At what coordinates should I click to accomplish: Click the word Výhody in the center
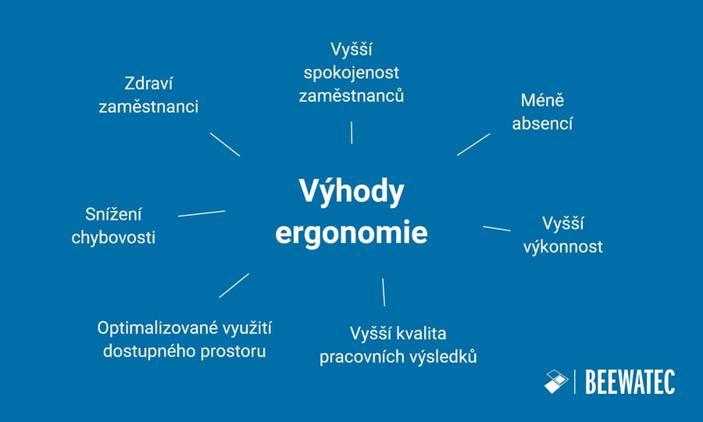[351, 192]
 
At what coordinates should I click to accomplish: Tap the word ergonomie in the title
[351, 234]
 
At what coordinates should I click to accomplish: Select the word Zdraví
[148, 84]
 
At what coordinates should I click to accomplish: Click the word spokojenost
[351, 73]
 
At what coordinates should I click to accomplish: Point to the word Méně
[542, 101]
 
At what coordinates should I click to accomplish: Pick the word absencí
[542, 123]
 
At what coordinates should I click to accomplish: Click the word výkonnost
[564, 246]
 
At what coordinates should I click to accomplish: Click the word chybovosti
[113, 237]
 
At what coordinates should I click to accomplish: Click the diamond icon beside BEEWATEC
[556, 381]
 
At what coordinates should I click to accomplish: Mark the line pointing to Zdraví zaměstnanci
[225, 145]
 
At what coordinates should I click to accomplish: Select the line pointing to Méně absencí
[473, 145]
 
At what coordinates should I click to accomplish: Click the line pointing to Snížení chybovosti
[202, 213]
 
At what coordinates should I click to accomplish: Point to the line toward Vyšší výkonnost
[496, 228]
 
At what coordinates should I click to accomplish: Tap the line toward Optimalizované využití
[234, 285]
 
